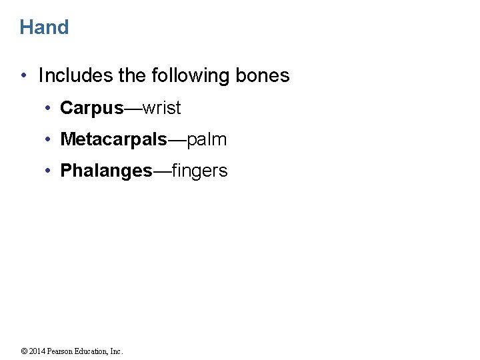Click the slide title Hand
coord(44,27)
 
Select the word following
coord(190,76)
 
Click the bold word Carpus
coord(92,108)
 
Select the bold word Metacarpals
coord(113,139)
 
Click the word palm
coord(207,139)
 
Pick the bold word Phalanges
coord(106,171)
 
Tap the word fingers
coord(199,171)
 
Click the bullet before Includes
coord(24,76)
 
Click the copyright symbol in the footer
coord(23,351)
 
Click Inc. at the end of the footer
coord(117,351)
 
